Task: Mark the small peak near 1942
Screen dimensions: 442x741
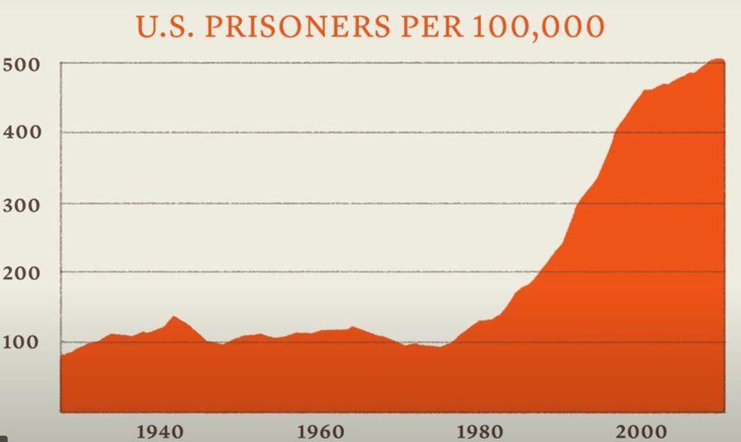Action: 173,316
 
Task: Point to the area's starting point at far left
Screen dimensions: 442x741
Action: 62,355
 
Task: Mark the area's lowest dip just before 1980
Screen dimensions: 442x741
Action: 441,347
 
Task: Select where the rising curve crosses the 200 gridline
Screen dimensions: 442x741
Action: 545,272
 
